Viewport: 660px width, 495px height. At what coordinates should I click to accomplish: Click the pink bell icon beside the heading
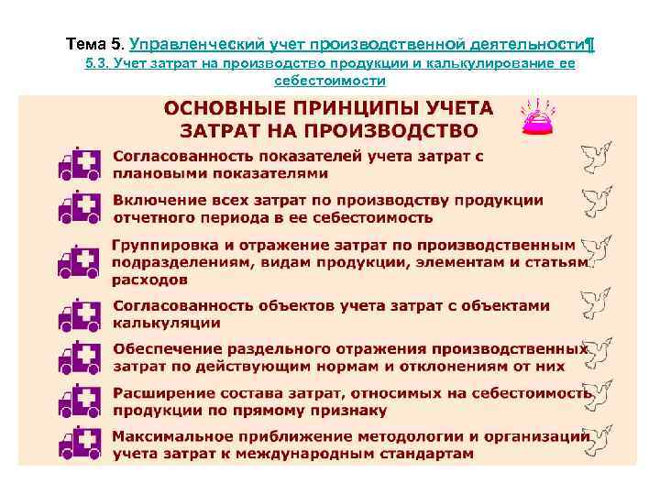point(535,117)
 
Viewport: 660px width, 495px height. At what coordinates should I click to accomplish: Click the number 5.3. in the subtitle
point(98,63)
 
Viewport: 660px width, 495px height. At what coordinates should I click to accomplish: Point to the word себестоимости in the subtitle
point(330,81)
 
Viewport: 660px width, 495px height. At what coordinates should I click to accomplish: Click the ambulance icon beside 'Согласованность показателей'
point(79,165)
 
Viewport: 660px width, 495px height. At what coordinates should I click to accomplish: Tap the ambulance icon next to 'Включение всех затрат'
point(79,209)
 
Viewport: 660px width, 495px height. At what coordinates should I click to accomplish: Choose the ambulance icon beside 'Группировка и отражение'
point(79,261)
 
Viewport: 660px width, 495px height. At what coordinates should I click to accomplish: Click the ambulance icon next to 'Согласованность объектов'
point(79,314)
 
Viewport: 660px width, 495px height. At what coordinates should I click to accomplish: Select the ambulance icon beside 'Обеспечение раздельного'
point(79,357)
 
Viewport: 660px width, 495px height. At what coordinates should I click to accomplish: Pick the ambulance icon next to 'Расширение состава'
point(79,401)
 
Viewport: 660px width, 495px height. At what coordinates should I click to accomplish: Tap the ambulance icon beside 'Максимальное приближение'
point(79,444)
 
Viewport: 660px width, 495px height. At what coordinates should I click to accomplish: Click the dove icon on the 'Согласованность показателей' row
point(595,159)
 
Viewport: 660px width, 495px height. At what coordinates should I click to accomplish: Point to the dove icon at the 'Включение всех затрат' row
point(595,203)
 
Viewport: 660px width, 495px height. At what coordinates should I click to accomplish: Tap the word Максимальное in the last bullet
point(169,436)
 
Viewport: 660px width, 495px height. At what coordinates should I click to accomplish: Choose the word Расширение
point(158,392)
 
